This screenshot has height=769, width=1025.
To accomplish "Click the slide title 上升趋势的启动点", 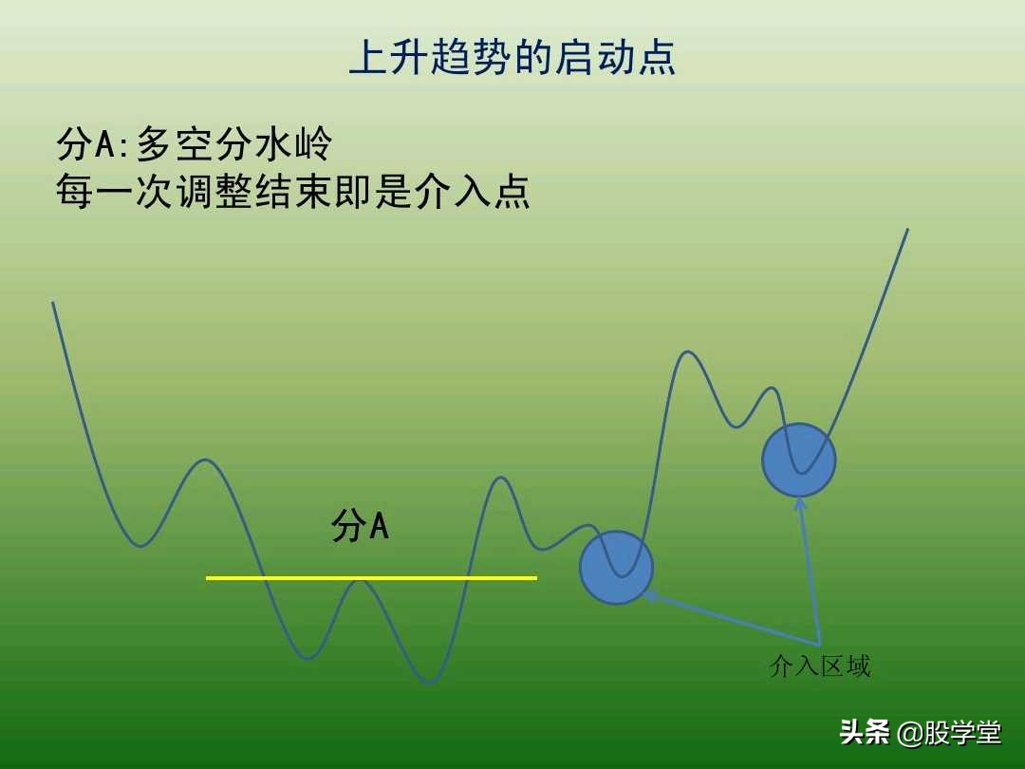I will tap(512, 57).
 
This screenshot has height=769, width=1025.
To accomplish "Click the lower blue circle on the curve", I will tap(616, 568).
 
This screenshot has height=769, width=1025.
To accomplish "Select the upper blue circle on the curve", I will tap(798, 460).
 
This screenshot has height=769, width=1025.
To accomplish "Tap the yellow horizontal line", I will tap(371, 577).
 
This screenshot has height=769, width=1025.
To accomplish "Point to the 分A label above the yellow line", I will tap(360, 525).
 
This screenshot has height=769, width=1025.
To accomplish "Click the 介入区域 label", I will tap(820, 666).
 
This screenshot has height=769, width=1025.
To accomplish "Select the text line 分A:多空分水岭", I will tap(195, 144).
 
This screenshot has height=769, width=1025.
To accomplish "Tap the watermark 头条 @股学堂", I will tap(920, 732).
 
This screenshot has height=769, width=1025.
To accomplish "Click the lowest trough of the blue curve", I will tap(430, 683).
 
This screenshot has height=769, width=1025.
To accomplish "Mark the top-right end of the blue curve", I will tap(907, 230).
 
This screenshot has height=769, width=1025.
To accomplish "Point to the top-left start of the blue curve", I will tap(53, 304).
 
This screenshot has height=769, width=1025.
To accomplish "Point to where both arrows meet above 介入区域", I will tap(819, 645).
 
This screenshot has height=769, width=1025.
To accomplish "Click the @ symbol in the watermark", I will tap(909, 733).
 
